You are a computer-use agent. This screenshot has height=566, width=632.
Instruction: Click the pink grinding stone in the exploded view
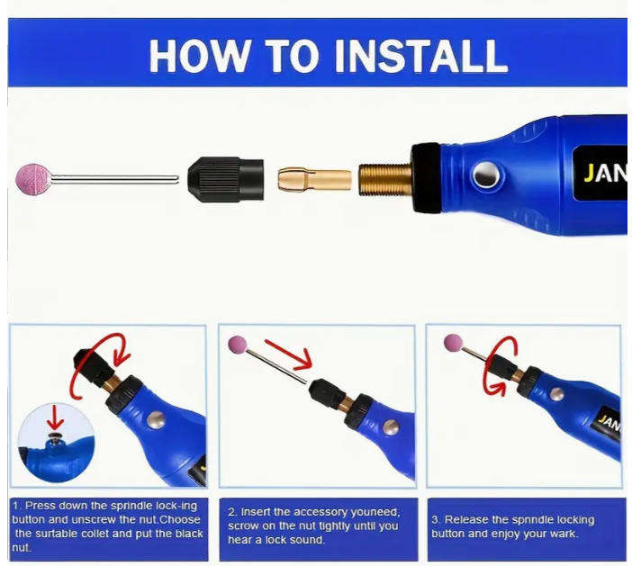pos(34,178)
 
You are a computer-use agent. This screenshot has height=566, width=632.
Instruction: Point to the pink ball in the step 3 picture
pos(453,342)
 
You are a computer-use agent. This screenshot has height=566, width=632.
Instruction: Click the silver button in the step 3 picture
pos(557,393)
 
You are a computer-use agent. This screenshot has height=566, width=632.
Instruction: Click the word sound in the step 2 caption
pos(304,540)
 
